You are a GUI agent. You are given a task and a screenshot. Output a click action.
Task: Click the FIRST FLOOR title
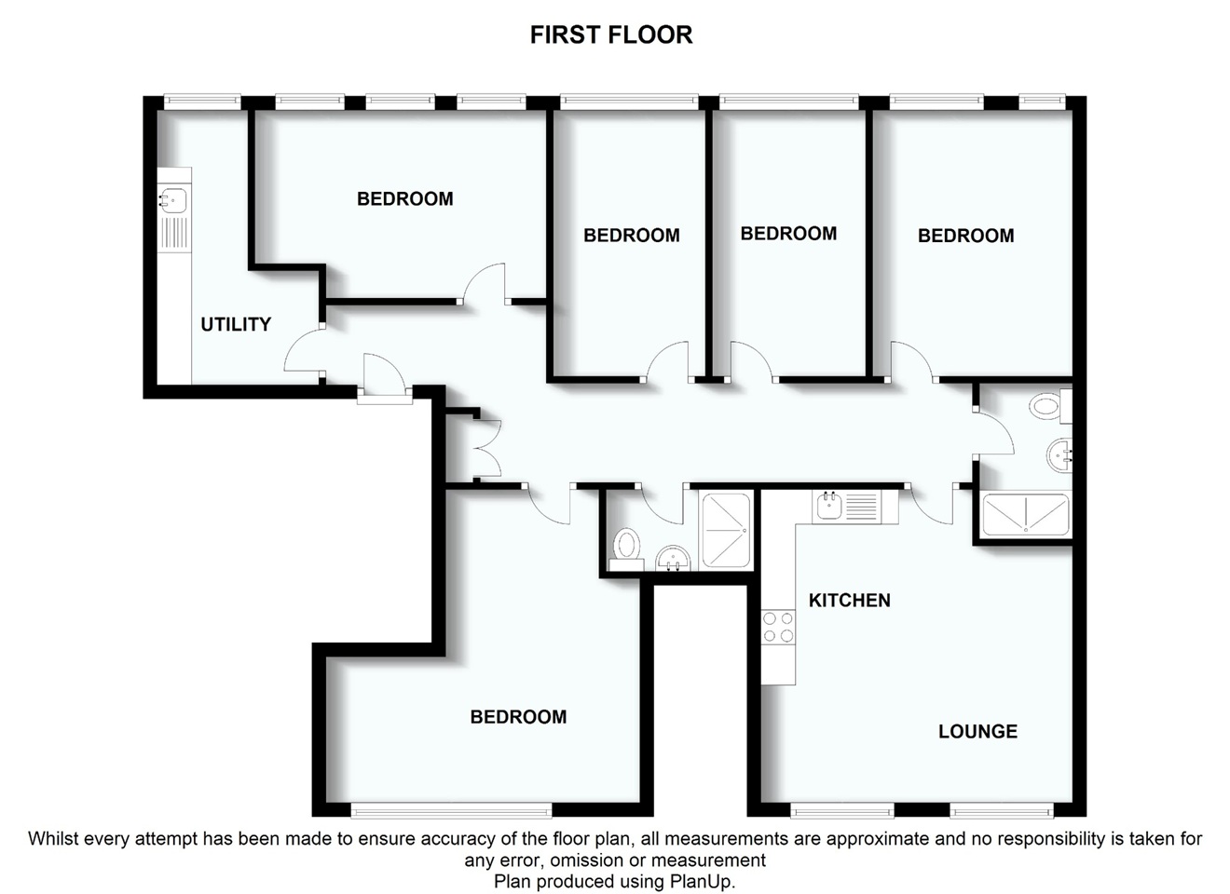(610, 34)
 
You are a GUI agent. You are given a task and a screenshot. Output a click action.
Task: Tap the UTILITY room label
(236, 324)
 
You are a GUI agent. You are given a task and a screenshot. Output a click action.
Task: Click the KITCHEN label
(849, 601)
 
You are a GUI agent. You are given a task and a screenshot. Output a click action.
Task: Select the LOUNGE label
(977, 732)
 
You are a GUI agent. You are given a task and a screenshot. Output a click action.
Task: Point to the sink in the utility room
(173, 198)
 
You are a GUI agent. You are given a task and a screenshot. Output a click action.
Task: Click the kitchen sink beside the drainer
(828, 507)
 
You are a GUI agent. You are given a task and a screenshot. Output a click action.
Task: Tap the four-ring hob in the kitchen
(778, 627)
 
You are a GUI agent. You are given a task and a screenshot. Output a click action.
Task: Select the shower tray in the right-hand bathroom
(1026, 515)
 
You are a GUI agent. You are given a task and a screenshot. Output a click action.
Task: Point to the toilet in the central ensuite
(626, 545)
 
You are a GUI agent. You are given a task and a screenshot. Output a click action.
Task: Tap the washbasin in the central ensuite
(672, 559)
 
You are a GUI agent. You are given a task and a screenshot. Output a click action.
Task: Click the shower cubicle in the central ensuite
(725, 530)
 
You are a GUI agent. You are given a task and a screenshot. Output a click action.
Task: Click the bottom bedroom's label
(518, 717)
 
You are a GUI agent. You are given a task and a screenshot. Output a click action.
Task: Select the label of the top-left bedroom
(404, 198)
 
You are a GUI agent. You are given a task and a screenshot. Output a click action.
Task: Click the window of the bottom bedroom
(451, 809)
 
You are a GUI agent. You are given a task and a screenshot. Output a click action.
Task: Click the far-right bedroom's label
(965, 236)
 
